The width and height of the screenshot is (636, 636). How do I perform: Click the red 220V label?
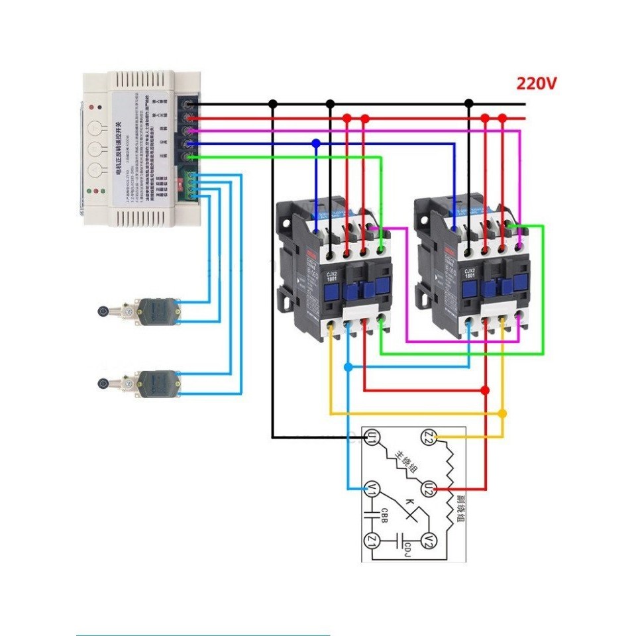(537, 84)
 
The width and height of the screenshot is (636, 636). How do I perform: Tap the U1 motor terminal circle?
(372, 437)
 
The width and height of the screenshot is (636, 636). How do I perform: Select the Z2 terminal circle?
(429, 437)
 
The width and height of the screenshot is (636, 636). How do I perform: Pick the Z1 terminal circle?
(372, 540)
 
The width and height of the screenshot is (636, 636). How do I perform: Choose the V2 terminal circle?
(429, 540)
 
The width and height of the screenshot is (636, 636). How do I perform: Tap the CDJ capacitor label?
(408, 547)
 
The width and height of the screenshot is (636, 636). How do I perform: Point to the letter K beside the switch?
(409, 502)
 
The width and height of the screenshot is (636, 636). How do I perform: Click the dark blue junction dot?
(316, 143)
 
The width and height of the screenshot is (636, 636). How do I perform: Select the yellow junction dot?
(502, 413)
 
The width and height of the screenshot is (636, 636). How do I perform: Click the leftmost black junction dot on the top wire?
(272, 104)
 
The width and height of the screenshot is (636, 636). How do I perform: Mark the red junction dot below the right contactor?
(485, 390)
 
